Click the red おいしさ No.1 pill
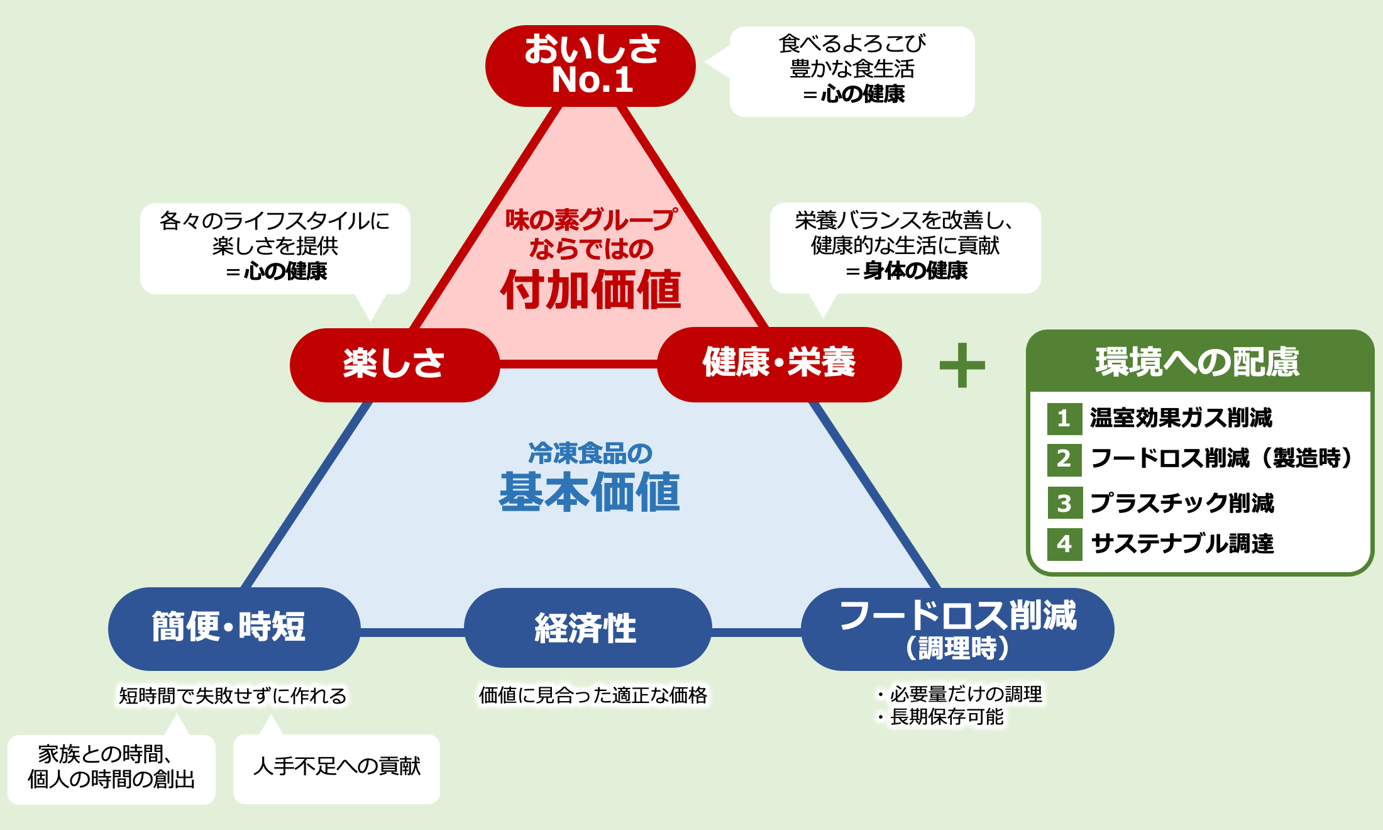pos(590,66)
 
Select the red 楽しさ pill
pos(395,365)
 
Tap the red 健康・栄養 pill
pos(780,364)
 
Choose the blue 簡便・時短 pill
pos(234,629)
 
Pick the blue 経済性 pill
pos(588,628)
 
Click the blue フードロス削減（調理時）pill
pos(957,629)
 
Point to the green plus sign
pos(962,365)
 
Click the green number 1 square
pos(1064,419)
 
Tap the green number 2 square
pos(1064,460)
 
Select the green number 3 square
pos(1065,503)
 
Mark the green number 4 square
pos(1064,545)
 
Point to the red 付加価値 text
pos(591,290)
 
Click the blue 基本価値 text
pos(590,492)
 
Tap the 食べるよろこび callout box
pos(852,71)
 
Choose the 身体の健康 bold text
pos(915,271)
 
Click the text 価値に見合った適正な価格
pos(593,695)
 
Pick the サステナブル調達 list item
pos(1182,544)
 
